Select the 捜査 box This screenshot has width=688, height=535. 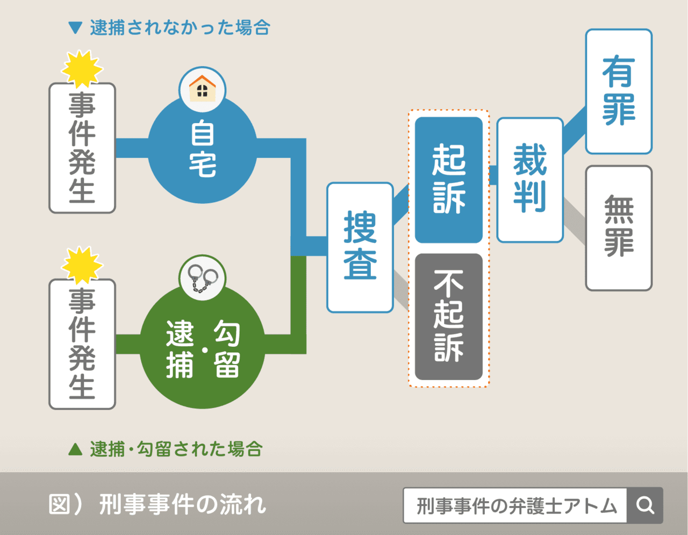[x=360, y=247]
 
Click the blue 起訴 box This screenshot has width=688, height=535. [x=449, y=180]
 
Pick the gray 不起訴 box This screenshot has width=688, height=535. [x=449, y=317]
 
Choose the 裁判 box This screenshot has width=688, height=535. [x=530, y=180]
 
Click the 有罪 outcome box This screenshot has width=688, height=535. [x=619, y=91]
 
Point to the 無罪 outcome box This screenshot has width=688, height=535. [x=619, y=228]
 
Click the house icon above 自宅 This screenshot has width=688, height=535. [x=202, y=89]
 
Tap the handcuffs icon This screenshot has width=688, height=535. [x=202, y=278]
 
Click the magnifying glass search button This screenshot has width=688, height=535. [x=645, y=505]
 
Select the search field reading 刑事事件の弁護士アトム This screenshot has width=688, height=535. [x=515, y=505]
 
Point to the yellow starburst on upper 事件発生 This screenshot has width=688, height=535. [x=82, y=68]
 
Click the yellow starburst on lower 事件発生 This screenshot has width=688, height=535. [x=82, y=265]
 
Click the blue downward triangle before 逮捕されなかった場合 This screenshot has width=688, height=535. [x=76, y=27]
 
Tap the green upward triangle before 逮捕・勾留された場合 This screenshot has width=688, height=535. [x=76, y=449]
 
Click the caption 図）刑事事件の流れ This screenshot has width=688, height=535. [x=157, y=504]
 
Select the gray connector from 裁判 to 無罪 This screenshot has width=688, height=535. [x=575, y=220]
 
